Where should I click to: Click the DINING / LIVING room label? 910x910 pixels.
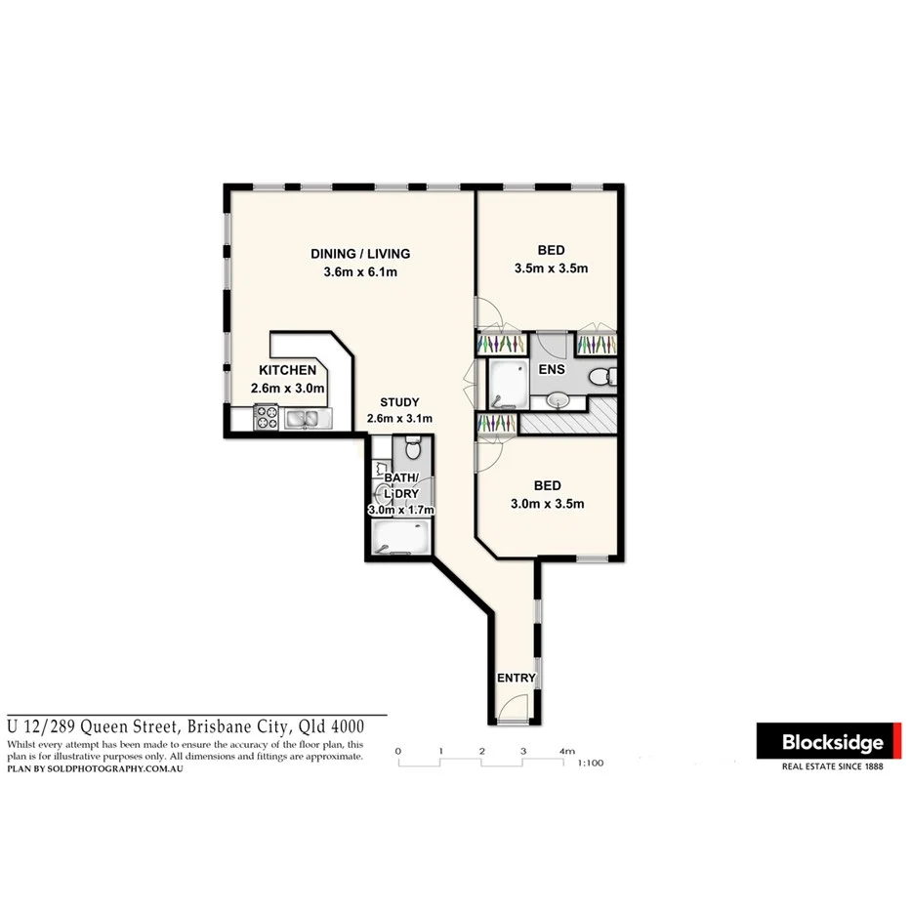[x=359, y=254]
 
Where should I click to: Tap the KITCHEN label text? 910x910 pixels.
[x=287, y=370]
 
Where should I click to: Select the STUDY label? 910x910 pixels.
[x=399, y=401]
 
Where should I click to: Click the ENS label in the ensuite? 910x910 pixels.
[x=553, y=370]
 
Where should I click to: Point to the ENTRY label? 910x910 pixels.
[x=515, y=679]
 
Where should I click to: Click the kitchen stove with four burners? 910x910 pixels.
[x=267, y=419]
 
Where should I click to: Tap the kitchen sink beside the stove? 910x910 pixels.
[x=304, y=419]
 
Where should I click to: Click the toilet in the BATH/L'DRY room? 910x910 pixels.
[x=412, y=448]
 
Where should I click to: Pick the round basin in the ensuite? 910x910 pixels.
[x=558, y=400]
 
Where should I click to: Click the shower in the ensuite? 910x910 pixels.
[x=506, y=384]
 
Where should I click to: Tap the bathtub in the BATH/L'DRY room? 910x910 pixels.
[x=400, y=536]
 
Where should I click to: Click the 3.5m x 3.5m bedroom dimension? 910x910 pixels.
[x=551, y=268]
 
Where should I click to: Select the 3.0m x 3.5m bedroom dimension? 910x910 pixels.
[x=547, y=504]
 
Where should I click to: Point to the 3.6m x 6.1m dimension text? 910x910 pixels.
[x=359, y=272]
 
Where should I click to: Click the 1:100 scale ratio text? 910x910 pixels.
[x=592, y=764]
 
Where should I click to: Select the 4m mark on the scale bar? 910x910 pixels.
[x=566, y=751]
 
